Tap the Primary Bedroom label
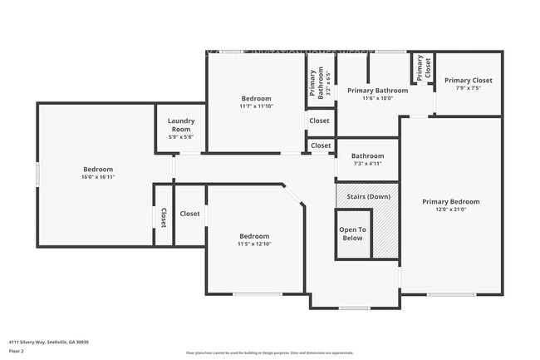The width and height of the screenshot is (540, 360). point(450,201)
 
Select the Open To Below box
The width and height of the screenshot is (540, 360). point(351,234)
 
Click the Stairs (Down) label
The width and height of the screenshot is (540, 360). point(366,196)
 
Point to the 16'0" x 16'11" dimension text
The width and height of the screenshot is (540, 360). point(98,177)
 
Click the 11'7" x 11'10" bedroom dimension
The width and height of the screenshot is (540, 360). point(256,106)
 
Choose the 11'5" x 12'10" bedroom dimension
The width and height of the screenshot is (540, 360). point(254,244)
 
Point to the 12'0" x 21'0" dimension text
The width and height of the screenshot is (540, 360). point(450,210)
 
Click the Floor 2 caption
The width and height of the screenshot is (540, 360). point(17,351)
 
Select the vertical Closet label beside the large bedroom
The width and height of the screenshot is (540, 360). point(163,217)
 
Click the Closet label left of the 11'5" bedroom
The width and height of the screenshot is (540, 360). point(190,214)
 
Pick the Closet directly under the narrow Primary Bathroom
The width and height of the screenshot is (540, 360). point(319,121)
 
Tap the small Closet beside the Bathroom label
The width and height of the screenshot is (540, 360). point(320,145)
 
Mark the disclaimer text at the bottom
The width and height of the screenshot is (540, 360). point(269,353)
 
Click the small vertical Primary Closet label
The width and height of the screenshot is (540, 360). point(424,67)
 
